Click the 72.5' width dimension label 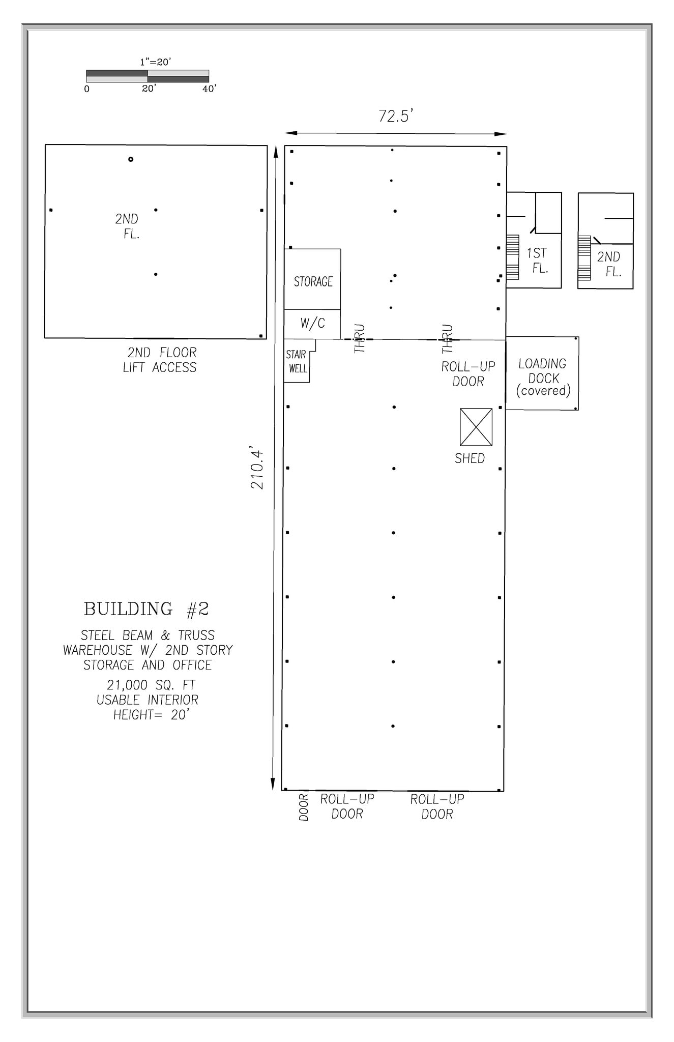(395, 116)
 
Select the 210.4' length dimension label (257, 469)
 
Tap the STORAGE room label (313, 281)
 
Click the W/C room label (312, 323)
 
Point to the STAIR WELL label (297, 361)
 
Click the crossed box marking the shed (476, 427)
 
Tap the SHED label (470, 458)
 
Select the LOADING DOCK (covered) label (543, 377)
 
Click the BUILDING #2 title (146, 609)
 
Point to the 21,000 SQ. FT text (151, 685)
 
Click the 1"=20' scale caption (156, 62)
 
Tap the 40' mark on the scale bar (209, 89)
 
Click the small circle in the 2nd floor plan (131, 159)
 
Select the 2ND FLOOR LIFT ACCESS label (160, 360)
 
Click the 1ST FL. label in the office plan (538, 260)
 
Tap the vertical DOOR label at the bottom (304, 807)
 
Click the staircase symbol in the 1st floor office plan (512, 257)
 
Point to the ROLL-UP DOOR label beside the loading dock (468, 374)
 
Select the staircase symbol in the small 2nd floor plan (584, 258)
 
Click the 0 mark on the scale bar (87, 89)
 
